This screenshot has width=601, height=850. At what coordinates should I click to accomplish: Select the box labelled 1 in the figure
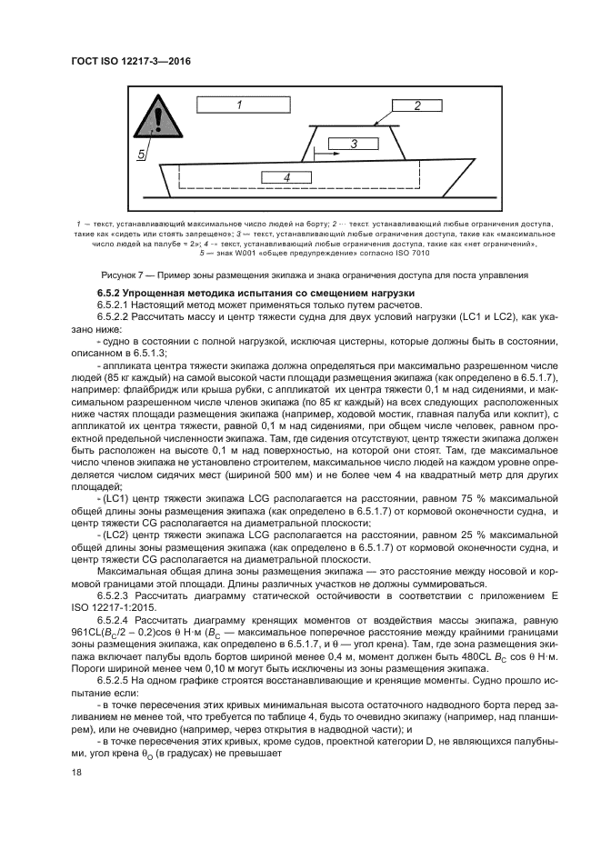pyautogui.click(x=238, y=105)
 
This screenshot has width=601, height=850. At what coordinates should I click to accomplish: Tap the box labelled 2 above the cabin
pyautogui.click(x=416, y=105)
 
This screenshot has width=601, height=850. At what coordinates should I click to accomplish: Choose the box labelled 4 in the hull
pyautogui.click(x=285, y=177)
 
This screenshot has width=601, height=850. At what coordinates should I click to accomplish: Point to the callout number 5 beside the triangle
pyautogui.click(x=142, y=155)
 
